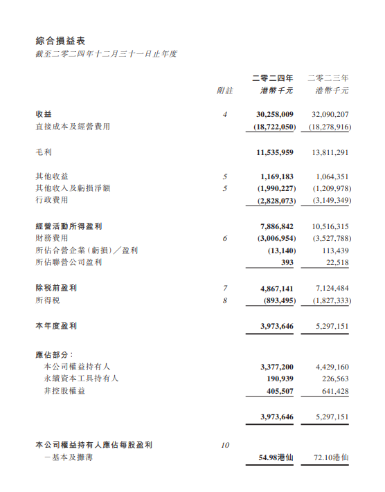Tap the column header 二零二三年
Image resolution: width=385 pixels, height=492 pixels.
328,78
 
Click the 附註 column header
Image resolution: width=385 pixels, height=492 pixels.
225,91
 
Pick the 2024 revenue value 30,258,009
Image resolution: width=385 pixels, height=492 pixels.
275,114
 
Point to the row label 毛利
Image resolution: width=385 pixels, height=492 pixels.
44,152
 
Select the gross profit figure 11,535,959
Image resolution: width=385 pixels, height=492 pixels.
275,152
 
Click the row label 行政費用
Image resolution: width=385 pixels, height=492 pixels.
52,200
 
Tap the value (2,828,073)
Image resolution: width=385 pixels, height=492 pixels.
276,200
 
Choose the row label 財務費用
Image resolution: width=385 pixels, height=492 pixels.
52,238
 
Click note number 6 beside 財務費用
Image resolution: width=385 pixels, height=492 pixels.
225,238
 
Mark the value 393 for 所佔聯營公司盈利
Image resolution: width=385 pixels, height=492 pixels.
288,262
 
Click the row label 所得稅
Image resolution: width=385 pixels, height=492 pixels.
48,300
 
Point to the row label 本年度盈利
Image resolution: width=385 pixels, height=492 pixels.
56,325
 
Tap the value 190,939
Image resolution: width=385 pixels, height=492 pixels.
280,379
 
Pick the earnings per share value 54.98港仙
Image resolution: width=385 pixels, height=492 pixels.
276,458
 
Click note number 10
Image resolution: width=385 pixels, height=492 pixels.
225,445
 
